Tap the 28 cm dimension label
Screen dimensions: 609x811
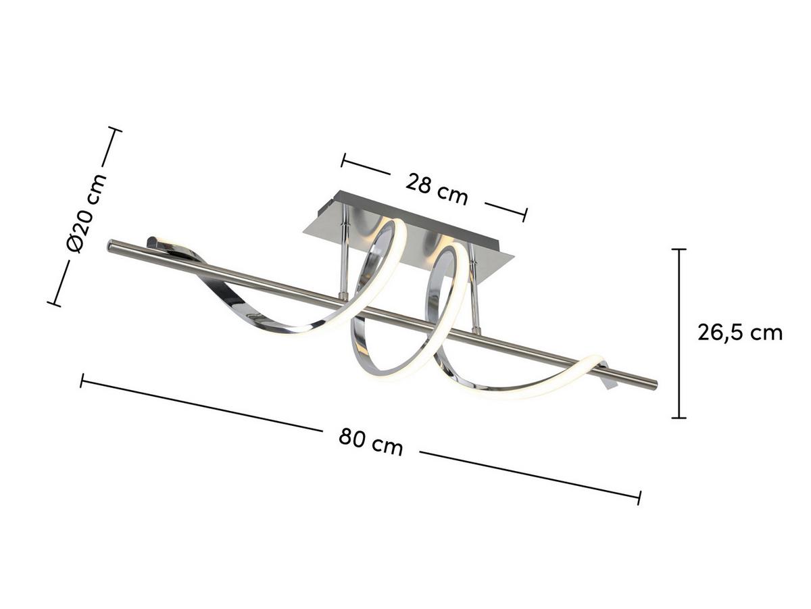(x=437, y=188)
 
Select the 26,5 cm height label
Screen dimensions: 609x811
(x=740, y=333)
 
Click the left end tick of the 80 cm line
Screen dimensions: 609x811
(x=82, y=381)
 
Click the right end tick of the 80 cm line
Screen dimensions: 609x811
(x=639, y=497)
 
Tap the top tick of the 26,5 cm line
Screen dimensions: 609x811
(x=679, y=249)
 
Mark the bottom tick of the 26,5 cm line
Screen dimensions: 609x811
(x=679, y=418)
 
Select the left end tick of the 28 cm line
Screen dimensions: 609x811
(x=343, y=160)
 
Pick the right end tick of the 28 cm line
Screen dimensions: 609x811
(x=524, y=215)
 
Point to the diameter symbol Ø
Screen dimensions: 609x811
(x=75, y=243)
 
